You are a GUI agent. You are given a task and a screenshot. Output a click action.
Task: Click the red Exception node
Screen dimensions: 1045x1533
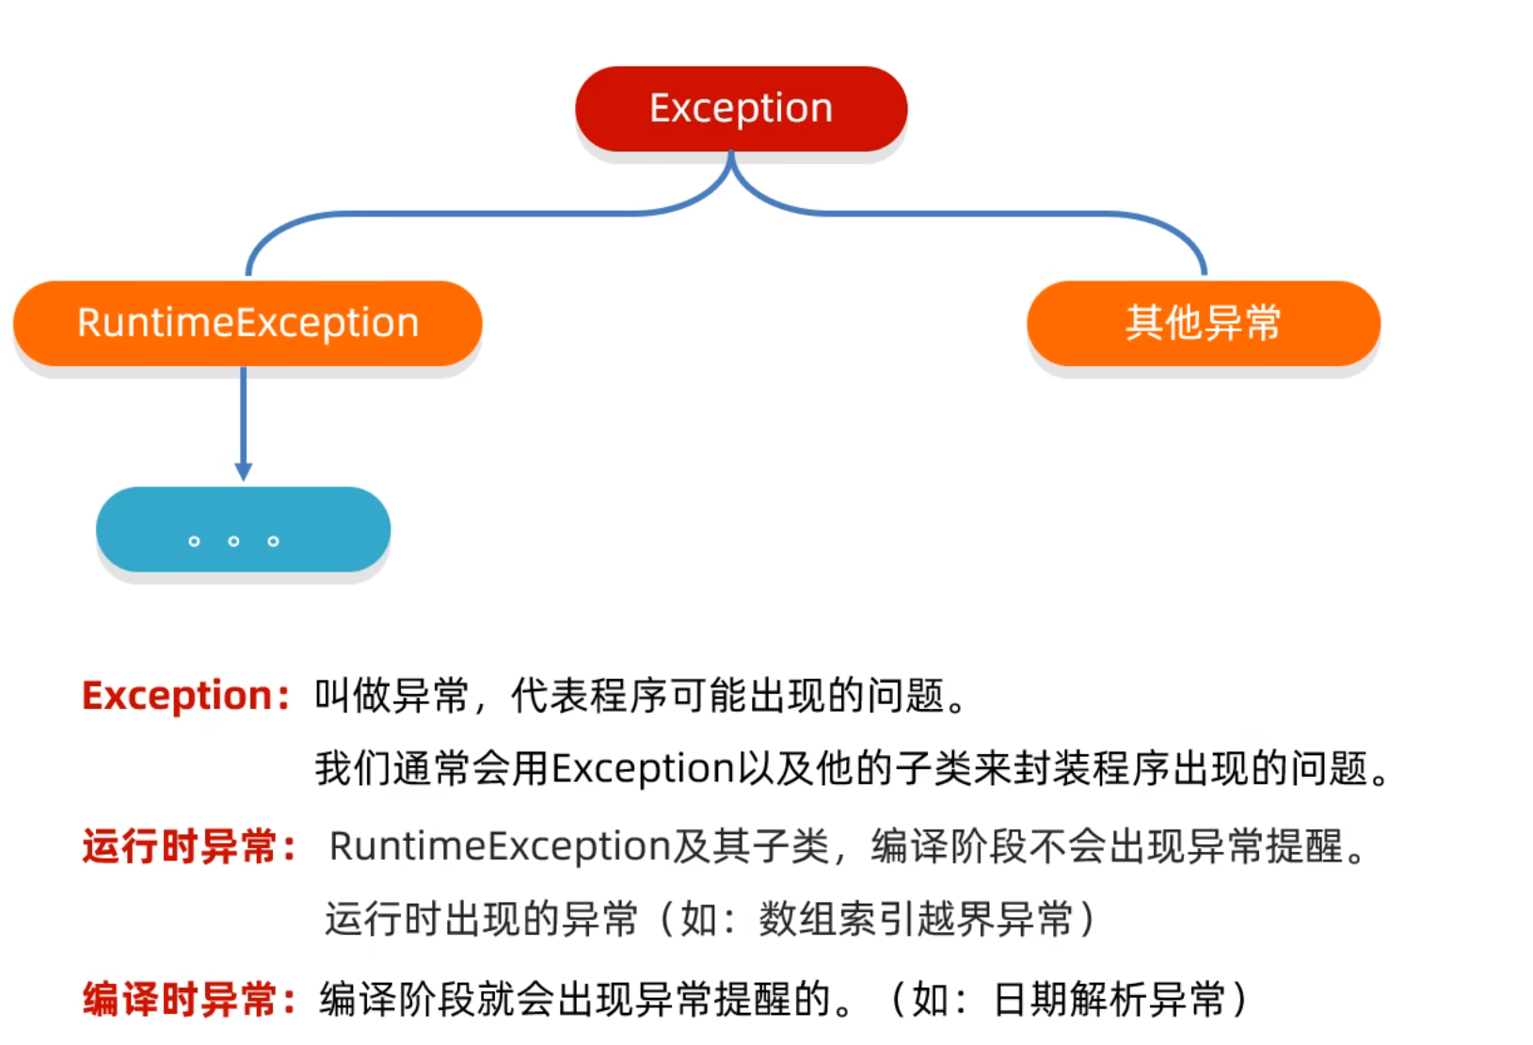[741, 109]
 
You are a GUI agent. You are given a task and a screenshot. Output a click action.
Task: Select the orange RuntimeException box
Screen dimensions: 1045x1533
[248, 323]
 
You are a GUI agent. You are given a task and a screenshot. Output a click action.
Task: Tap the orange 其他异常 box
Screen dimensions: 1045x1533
[1203, 323]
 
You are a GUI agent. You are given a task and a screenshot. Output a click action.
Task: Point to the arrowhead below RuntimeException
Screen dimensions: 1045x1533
[243, 471]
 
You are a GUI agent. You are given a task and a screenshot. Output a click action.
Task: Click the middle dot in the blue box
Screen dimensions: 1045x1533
[233, 541]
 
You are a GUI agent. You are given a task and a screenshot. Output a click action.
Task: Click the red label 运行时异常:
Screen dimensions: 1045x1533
[188, 846]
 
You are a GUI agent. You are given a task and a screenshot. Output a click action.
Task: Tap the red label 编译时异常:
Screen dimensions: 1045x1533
[188, 999]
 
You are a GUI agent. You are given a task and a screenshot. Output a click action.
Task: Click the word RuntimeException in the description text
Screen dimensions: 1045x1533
[499, 846]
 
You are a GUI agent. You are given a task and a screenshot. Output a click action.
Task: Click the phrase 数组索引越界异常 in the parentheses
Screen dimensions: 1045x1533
[916, 919]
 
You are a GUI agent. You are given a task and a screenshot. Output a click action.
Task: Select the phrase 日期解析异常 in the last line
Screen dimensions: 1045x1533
[1110, 999]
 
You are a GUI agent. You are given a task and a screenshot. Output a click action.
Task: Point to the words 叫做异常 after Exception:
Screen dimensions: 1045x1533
[391, 696]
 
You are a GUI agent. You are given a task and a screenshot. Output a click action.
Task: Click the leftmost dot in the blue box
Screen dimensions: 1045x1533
[194, 541]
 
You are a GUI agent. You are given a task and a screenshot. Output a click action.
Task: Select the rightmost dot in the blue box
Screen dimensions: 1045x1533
[273, 541]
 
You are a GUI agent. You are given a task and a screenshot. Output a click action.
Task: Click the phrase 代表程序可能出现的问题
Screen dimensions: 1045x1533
[727, 696]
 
